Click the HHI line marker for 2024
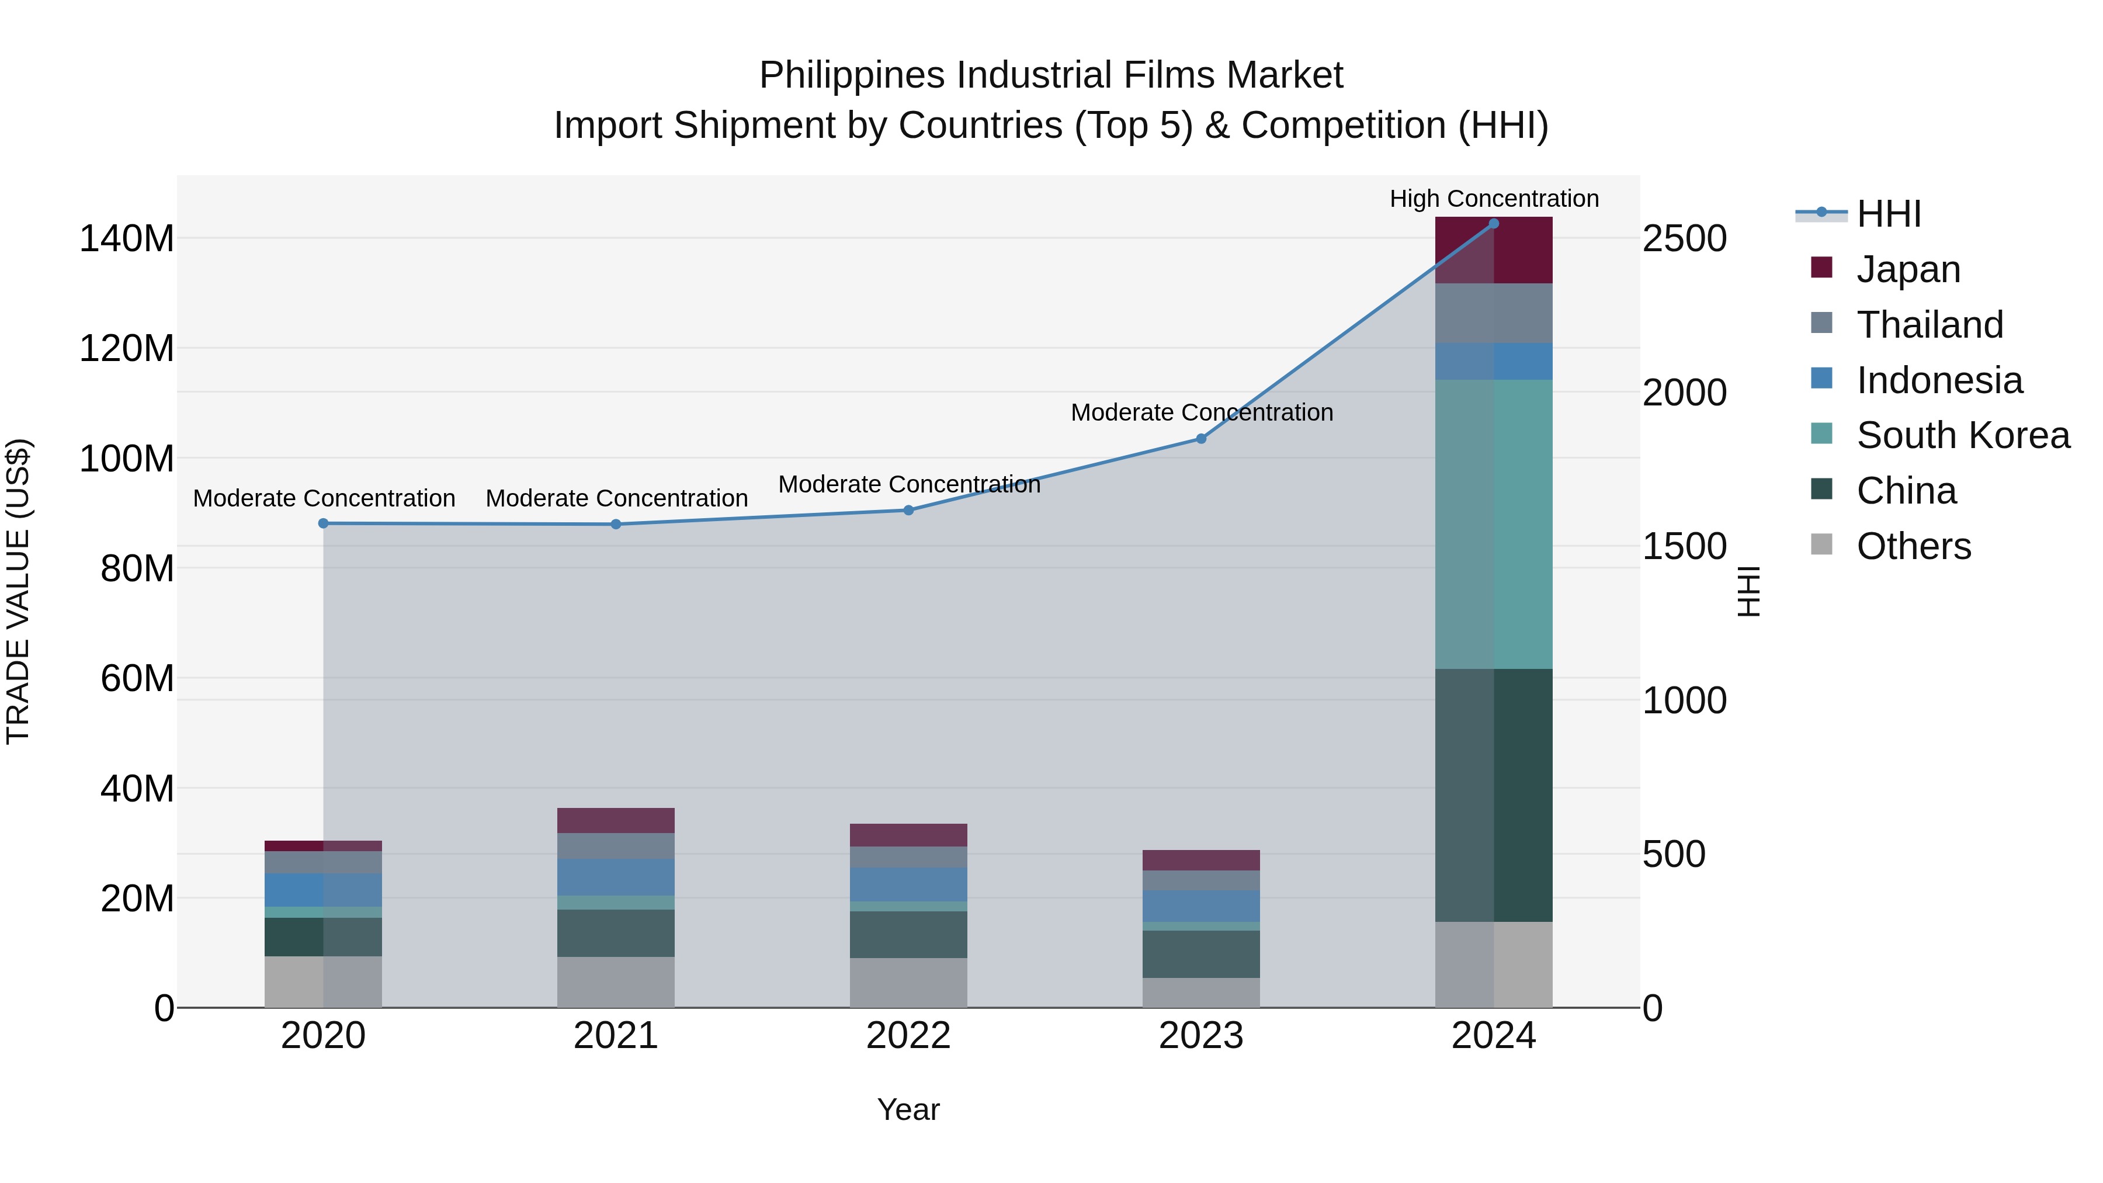(1493, 223)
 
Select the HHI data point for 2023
(1201, 438)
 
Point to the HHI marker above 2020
(323, 523)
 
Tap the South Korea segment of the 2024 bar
(1493, 524)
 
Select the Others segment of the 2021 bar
(616, 981)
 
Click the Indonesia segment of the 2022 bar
(908, 884)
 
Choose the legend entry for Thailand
(1929, 324)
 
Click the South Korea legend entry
(1963, 435)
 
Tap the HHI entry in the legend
(1888, 214)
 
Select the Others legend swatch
(1821, 544)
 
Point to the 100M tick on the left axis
(127, 459)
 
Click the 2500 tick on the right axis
(1684, 239)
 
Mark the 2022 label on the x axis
(908, 1036)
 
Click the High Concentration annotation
(1493, 199)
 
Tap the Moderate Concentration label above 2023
(1201, 412)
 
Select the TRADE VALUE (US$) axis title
(18, 591)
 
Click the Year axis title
(908, 1109)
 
